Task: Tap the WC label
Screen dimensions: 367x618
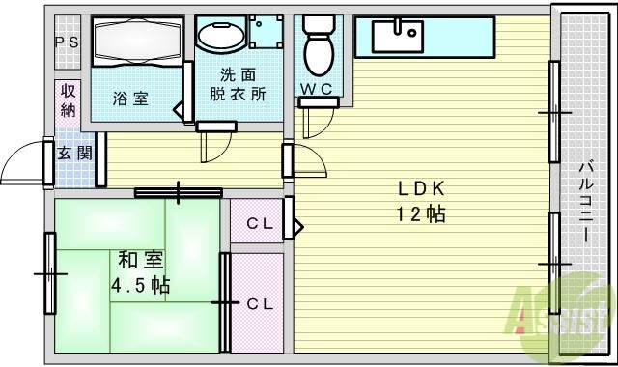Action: tap(317, 90)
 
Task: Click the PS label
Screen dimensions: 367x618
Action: tap(67, 42)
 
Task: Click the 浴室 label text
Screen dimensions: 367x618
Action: tap(129, 98)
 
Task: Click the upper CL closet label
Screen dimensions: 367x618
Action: tap(258, 225)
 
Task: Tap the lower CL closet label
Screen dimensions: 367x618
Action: tap(258, 303)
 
